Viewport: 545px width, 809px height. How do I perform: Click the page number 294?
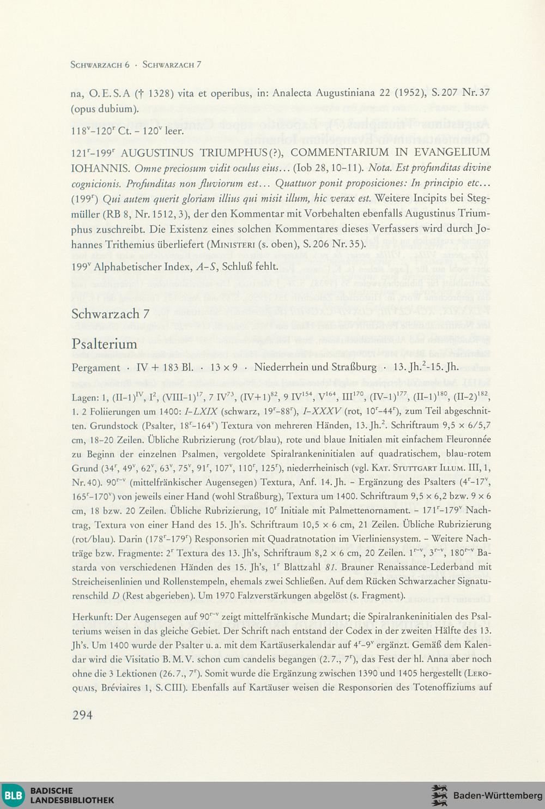pos(82,715)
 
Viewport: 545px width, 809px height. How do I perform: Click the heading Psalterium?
pos(104,344)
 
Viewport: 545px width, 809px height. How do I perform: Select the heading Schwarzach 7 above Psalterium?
pos(110,314)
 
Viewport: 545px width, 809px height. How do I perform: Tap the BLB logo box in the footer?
pos(13,795)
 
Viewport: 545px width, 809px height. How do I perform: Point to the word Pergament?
pos(95,367)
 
